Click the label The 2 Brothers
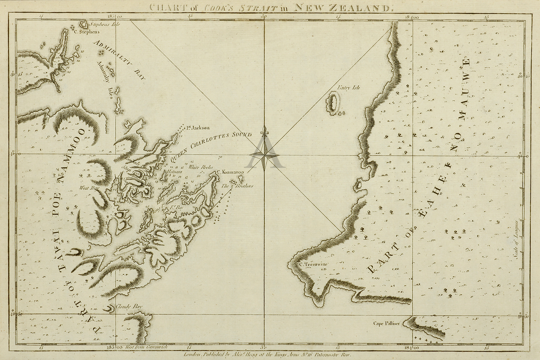click(x=237, y=186)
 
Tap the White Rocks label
click(x=201, y=167)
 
